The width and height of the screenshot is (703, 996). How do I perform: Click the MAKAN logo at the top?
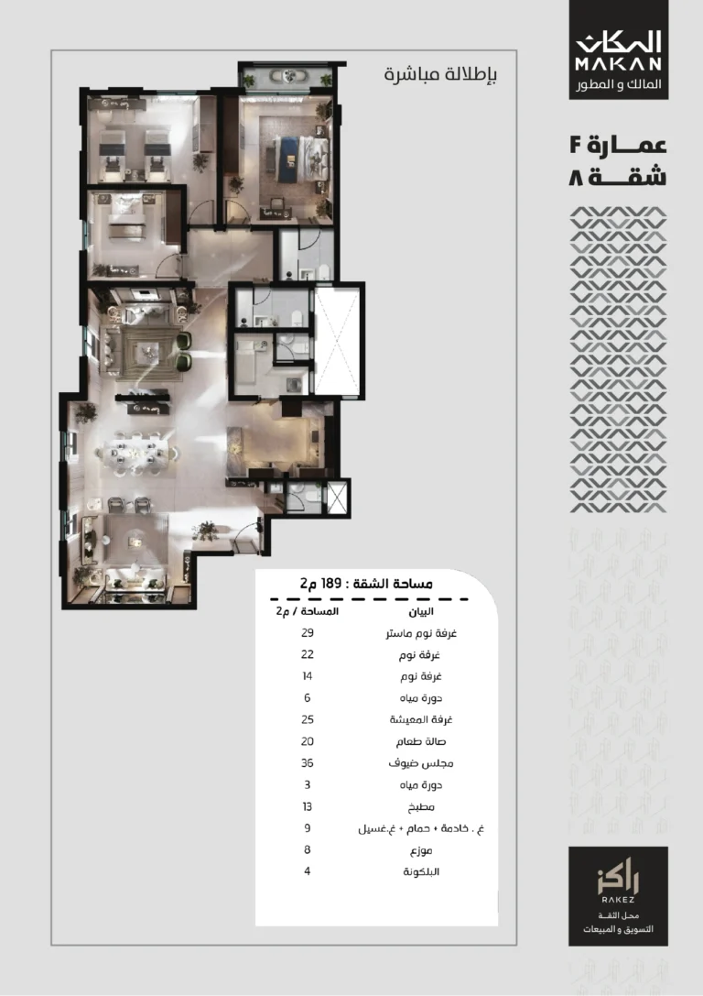coord(618,49)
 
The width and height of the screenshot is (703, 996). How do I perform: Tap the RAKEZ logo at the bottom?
coord(618,895)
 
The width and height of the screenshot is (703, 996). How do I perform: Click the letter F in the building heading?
coord(576,145)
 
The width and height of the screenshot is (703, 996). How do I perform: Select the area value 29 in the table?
coord(308,632)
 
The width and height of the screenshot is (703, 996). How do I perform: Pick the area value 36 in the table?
coord(308,763)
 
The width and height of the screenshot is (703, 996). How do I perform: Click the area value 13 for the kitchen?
coord(308,806)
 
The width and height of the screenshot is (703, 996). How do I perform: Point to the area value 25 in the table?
coord(308,719)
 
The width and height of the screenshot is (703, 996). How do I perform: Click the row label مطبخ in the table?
coord(421,807)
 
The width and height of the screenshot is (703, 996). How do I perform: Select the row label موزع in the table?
coord(421,850)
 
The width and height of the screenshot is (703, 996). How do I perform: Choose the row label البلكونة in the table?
coord(421,871)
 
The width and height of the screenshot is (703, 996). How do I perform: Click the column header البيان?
coord(421,611)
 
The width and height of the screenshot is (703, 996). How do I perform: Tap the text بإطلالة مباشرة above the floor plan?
coord(440,74)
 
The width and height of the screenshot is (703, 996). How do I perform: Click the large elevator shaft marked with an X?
coord(338,341)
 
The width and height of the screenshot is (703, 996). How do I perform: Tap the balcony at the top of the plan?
coord(288,78)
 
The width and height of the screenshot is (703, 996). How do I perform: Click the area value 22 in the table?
coord(308,654)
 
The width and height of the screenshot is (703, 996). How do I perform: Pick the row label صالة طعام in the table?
coord(421,742)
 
